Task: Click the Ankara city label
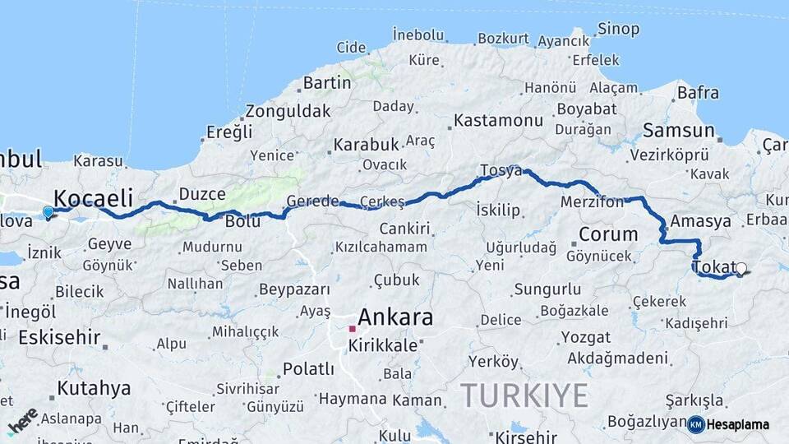[395, 317]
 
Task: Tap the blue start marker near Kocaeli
[48, 212]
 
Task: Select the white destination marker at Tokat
[741, 269]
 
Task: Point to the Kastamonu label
[498, 121]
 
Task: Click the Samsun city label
[678, 130]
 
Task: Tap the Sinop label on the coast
[618, 30]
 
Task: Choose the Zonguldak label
[288, 111]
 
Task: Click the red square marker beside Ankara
[352, 328]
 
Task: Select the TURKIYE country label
[524, 395]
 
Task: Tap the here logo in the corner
[22, 420]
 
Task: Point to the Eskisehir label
[59, 337]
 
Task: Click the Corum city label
[608, 234]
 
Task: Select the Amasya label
[700, 221]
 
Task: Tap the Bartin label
[327, 83]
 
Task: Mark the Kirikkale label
[383, 345]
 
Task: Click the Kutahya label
[94, 388]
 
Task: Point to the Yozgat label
[586, 338]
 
